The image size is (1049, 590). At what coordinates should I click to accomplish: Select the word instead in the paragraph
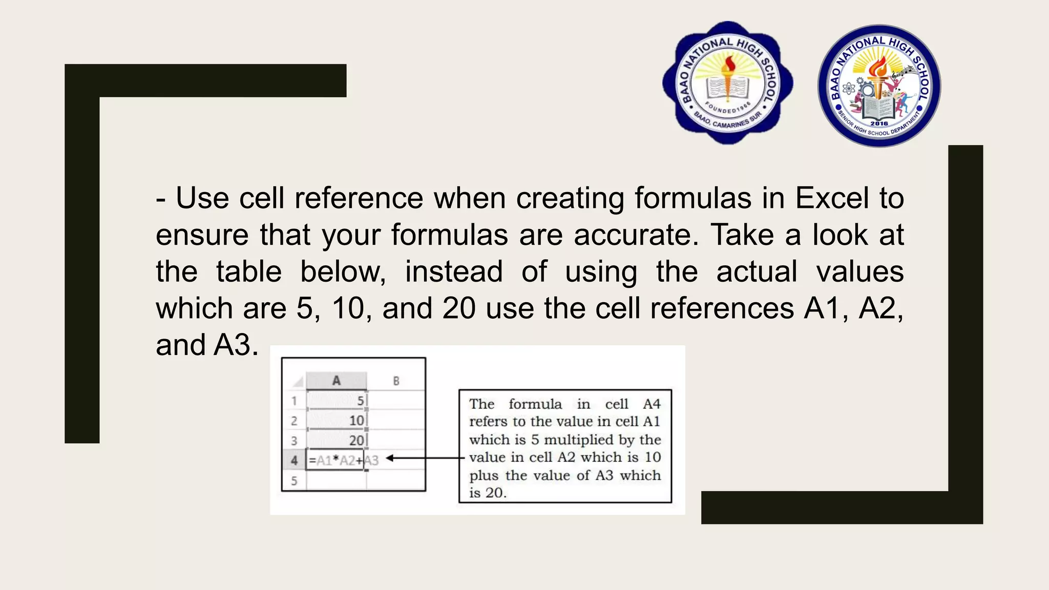click(x=454, y=271)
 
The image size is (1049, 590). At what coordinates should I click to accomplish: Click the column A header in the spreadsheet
click(x=336, y=381)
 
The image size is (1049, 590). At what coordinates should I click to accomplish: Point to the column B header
click(x=396, y=381)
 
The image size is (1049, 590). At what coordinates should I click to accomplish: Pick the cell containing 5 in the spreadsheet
click(x=337, y=401)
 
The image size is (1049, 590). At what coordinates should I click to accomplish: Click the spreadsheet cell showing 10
click(x=337, y=420)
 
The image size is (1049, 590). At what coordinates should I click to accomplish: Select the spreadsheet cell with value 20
click(x=337, y=440)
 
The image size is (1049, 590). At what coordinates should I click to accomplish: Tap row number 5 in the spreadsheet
click(x=294, y=481)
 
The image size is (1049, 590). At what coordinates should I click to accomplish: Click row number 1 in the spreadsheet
click(x=294, y=401)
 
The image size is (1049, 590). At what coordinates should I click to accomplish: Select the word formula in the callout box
click(x=535, y=404)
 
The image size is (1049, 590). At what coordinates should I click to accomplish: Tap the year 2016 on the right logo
click(x=879, y=123)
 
